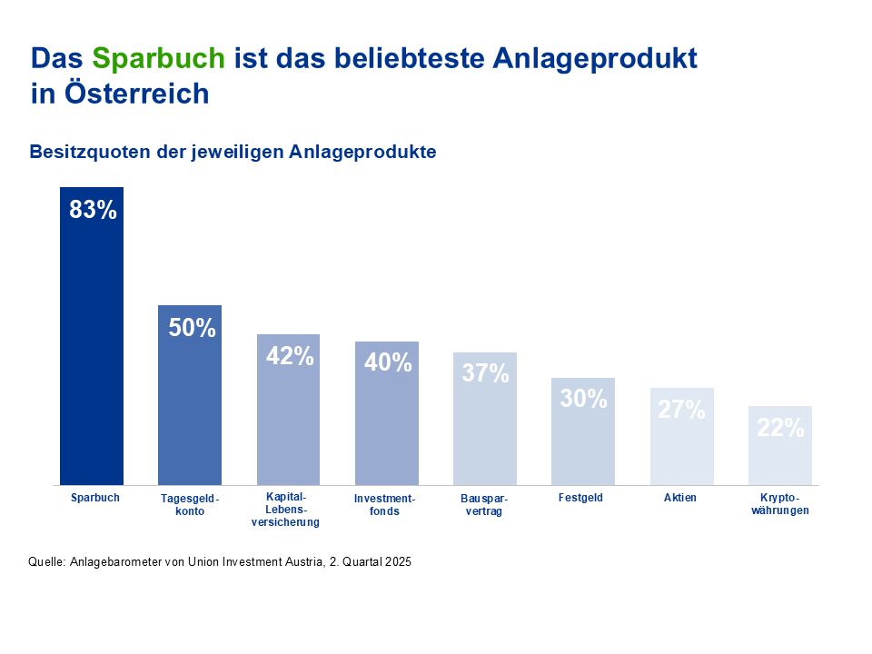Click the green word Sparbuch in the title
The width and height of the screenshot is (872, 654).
[158, 59]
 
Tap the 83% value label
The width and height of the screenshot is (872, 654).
[94, 211]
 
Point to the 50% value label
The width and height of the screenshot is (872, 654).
[193, 329]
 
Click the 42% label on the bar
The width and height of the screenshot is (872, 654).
[290, 357]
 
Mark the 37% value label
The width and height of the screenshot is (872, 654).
[486, 373]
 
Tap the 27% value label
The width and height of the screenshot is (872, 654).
[682, 411]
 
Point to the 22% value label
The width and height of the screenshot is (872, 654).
[780, 429]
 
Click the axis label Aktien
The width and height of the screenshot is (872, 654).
[680, 498]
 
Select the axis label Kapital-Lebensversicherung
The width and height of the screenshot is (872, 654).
[286, 510]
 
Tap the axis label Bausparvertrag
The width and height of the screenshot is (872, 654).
[484, 505]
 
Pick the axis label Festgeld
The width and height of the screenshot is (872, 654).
[581, 498]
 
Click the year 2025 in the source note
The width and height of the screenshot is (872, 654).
[398, 562]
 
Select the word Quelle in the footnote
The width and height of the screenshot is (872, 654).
[46, 562]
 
